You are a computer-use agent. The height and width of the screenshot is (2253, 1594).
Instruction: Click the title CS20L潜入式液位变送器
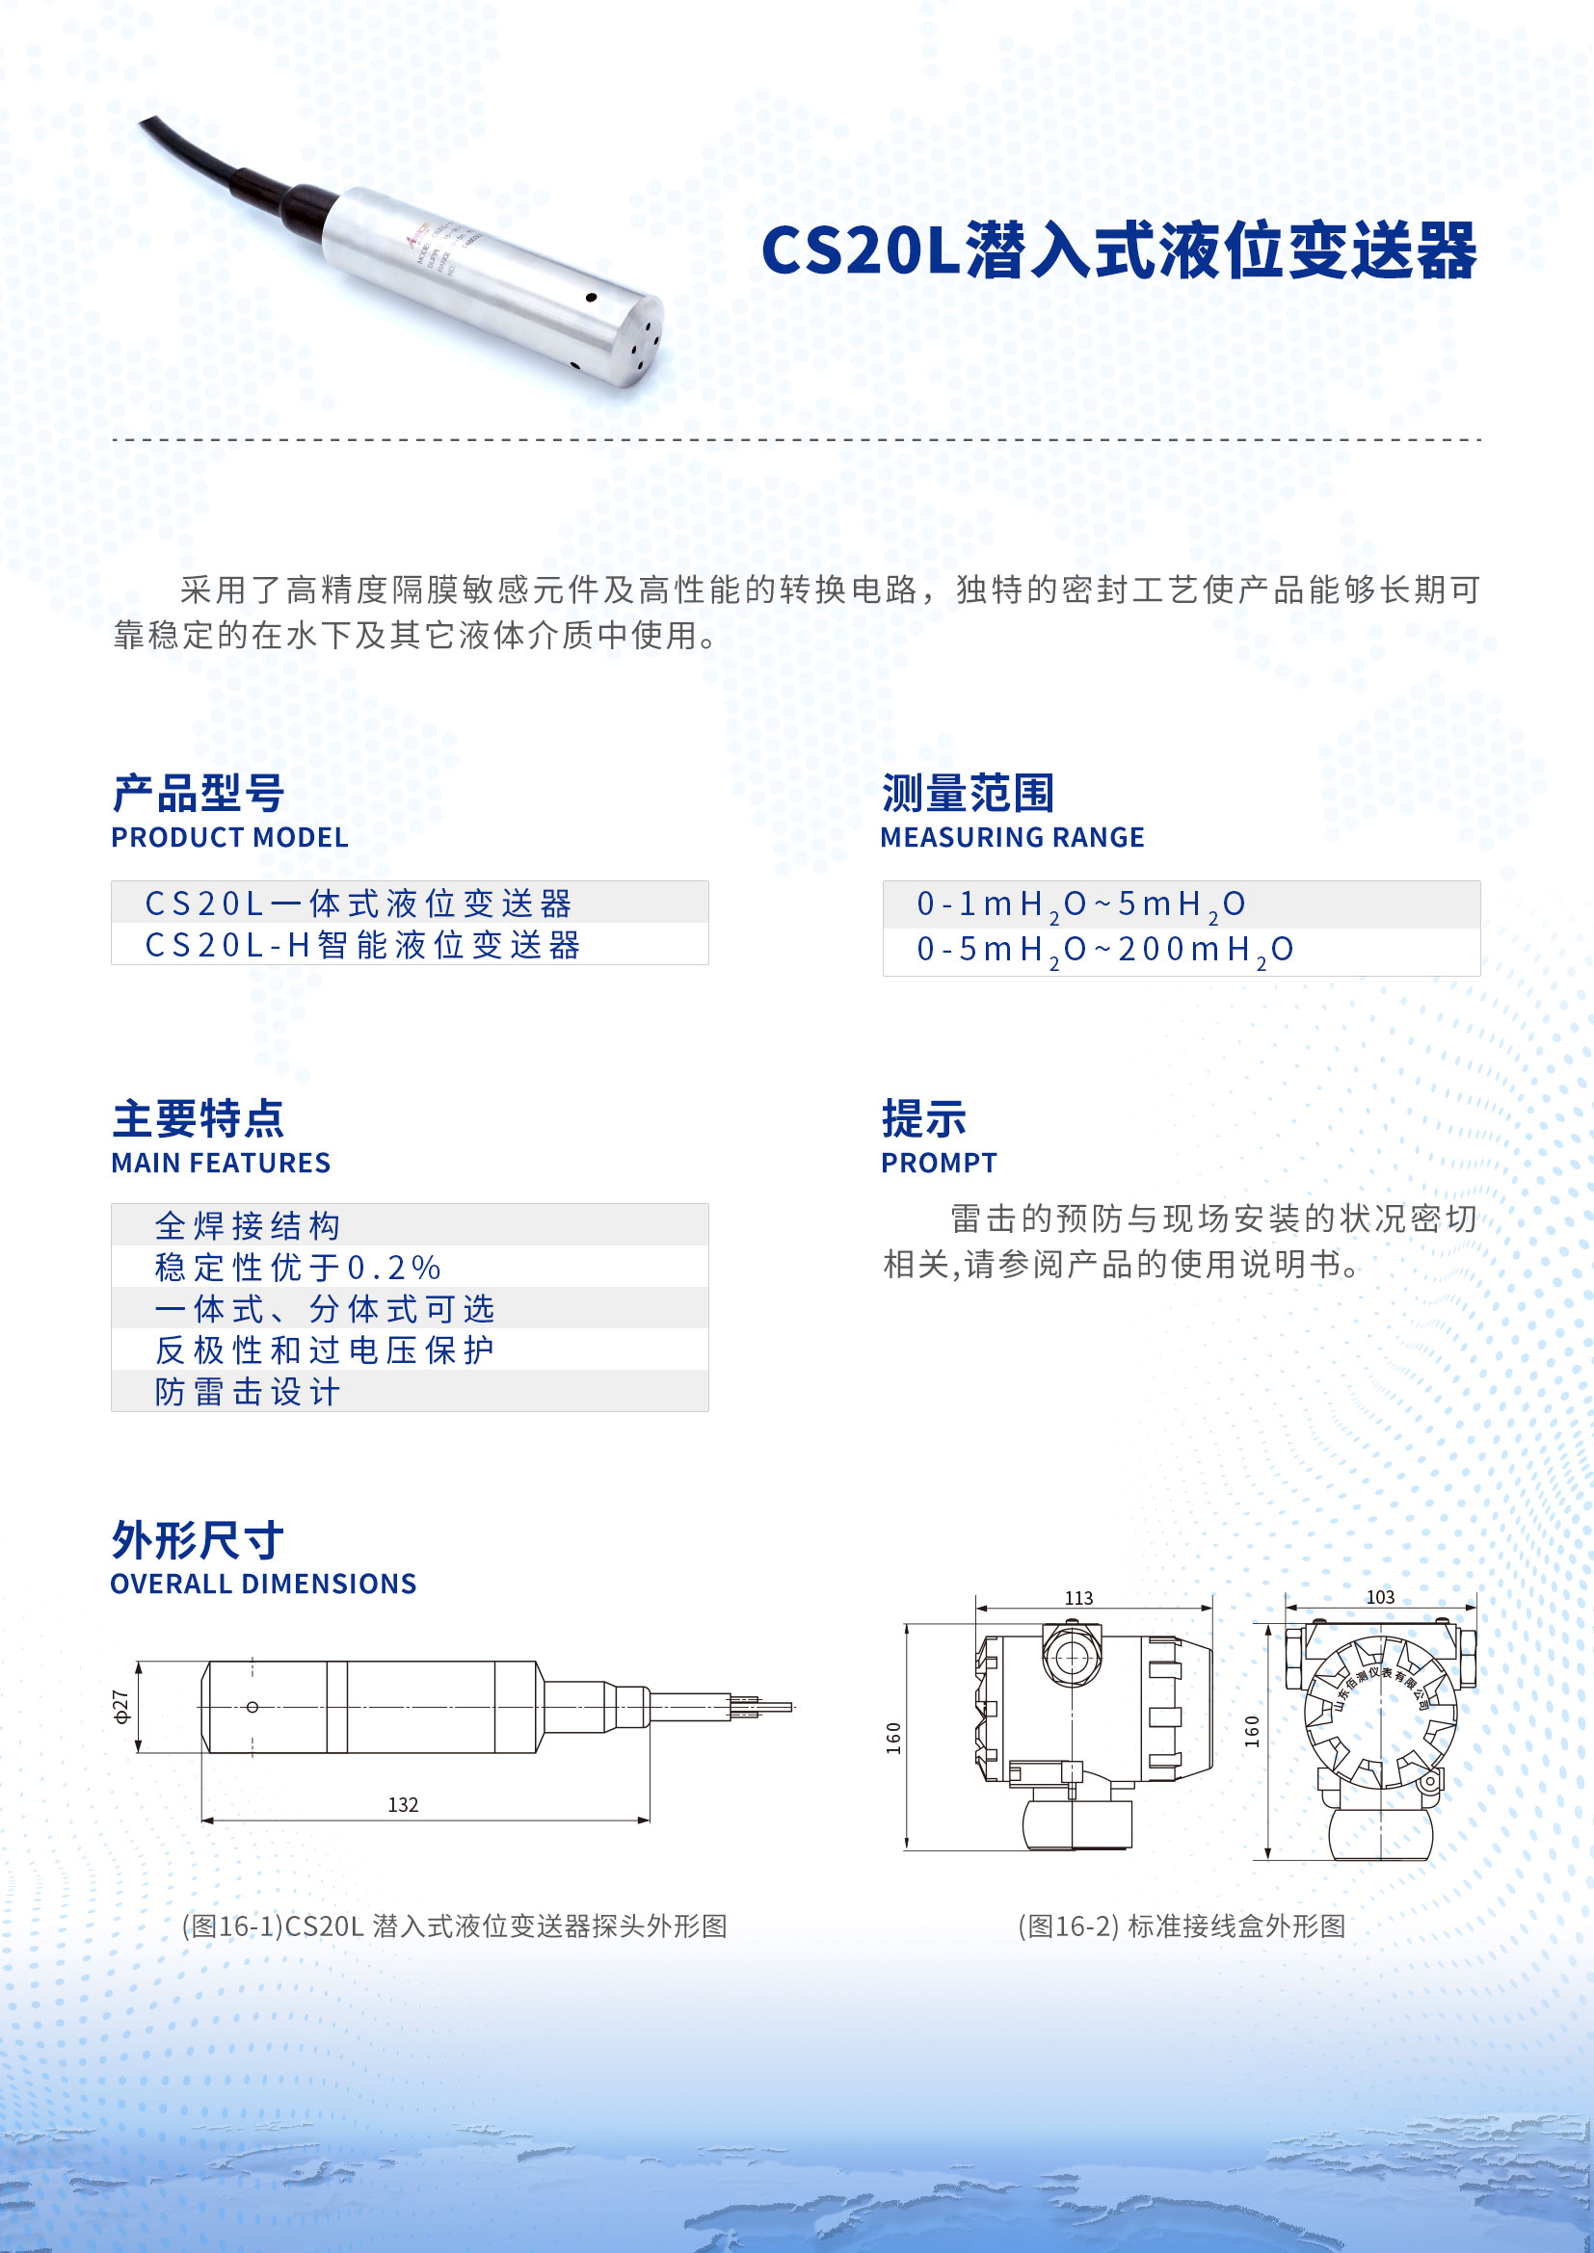pyautogui.click(x=1118, y=249)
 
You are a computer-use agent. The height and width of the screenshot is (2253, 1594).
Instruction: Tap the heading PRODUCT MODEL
pyautogui.click(x=229, y=837)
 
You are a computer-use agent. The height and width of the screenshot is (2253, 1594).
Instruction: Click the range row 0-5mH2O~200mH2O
pyautogui.click(x=1104, y=950)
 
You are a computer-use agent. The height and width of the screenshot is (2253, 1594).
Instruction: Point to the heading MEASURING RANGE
pyautogui.click(x=1012, y=837)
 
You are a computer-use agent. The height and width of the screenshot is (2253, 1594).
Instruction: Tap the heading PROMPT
pyautogui.click(x=939, y=1163)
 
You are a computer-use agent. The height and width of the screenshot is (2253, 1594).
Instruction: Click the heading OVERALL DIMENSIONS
pyautogui.click(x=263, y=1584)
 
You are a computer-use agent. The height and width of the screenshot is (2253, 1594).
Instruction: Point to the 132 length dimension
pyautogui.click(x=403, y=1804)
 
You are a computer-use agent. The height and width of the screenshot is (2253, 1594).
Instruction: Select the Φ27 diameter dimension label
pyautogui.click(x=120, y=1707)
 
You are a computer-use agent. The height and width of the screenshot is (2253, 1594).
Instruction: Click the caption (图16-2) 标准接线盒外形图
pyautogui.click(x=1181, y=1926)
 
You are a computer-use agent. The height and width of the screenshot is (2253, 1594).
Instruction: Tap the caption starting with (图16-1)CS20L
pyautogui.click(x=455, y=1926)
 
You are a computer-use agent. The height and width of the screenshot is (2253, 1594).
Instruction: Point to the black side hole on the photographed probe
pyautogui.click(x=591, y=298)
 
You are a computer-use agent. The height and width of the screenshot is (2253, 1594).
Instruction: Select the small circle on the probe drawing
pyautogui.click(x=252, y=1708)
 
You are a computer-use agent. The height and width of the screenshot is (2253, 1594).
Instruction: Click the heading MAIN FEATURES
pyautogui.click(x=221, y=1163)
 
